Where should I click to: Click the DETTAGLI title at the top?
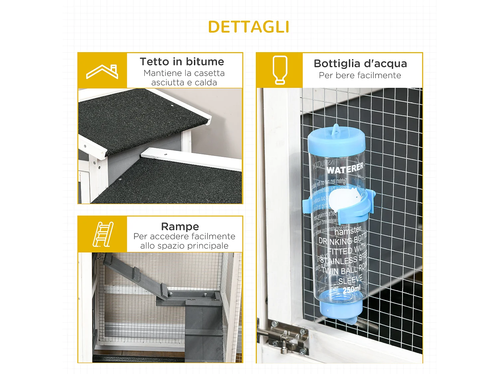(249, 27)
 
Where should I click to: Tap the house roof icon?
(102, 71)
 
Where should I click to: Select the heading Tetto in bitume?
(182, 62)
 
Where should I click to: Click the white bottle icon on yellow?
(279, 70)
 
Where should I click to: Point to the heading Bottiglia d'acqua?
(360, 63)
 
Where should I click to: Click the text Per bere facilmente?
(360, 75)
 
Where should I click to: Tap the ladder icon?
(103, 234)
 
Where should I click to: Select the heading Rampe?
(180, 226)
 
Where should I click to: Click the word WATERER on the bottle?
(345, 169)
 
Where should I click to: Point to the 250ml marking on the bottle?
(352, 290)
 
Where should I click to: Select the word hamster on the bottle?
(348, 230)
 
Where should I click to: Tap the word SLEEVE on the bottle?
(350, 280)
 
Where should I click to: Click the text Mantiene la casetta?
(184, 73)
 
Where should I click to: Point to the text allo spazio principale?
(184, 246)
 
